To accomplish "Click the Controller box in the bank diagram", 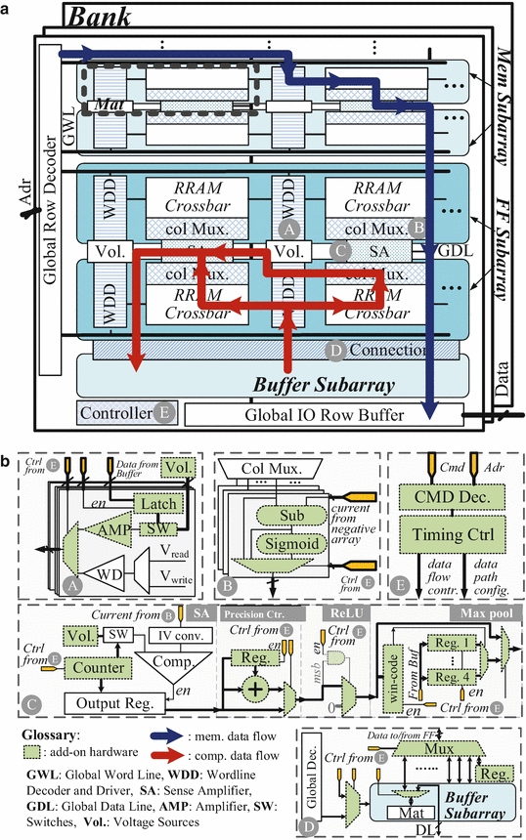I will tap(113, 413).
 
